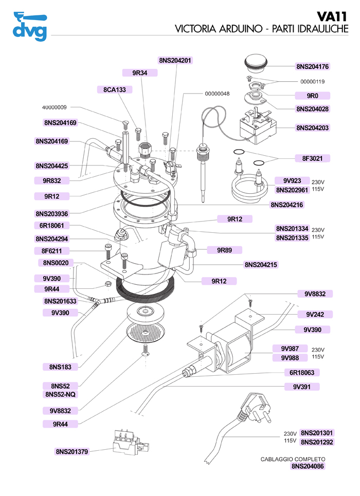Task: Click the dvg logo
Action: pyautogui.click(x=29, y=26)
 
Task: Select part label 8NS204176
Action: pyautogui.click(x=313, y=66)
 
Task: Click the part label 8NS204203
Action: pyautogui.click(x=313, y=127)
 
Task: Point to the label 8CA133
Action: pyautogui.click(x=114, y=89)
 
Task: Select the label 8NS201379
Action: pyautogui.click(x=72, y=452)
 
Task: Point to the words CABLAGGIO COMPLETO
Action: pyautogui.click(x=293, y=459)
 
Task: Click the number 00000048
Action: pyautogui.click(x=217, y=94)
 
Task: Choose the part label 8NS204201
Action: pyautogui.click(x=175, y=60)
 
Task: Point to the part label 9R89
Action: pyautogui.click(x=225, y=250)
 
